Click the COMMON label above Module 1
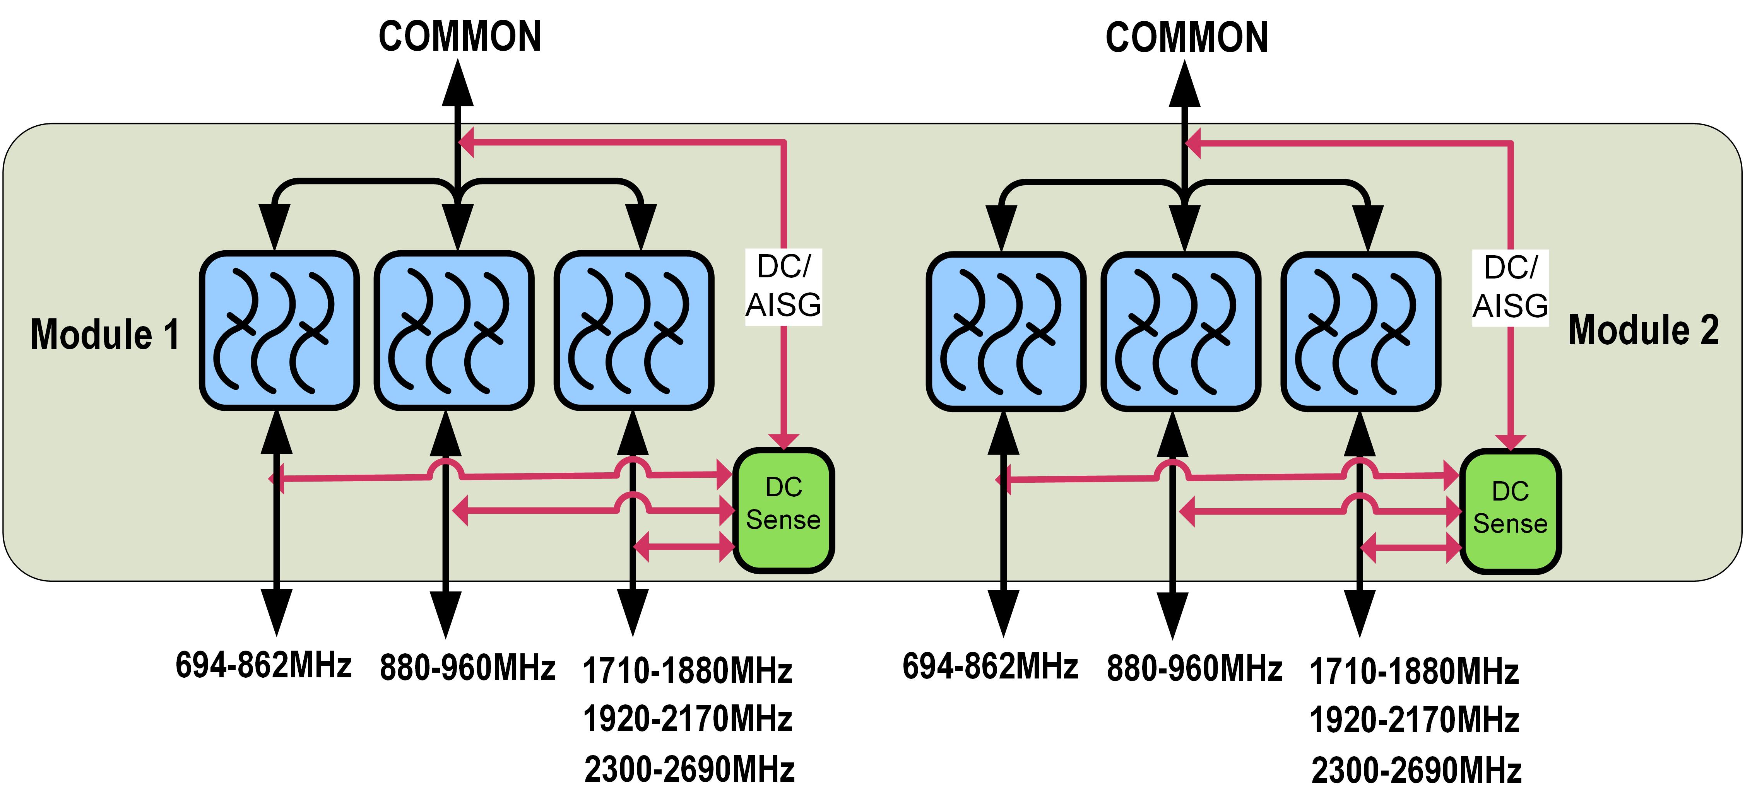point(460,37)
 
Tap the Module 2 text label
point(1643,330)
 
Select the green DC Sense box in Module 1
point(784,510)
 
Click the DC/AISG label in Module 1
point(784,287)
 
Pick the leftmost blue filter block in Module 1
point(279,330)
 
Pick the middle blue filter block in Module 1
point(454,330)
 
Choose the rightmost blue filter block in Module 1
point(633,330)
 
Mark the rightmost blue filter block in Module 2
point(1361,332)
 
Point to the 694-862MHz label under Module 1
point(263,665)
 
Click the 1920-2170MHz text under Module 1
point(688,719)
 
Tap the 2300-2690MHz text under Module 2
point(1417,771)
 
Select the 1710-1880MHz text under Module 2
point(1415,672)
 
